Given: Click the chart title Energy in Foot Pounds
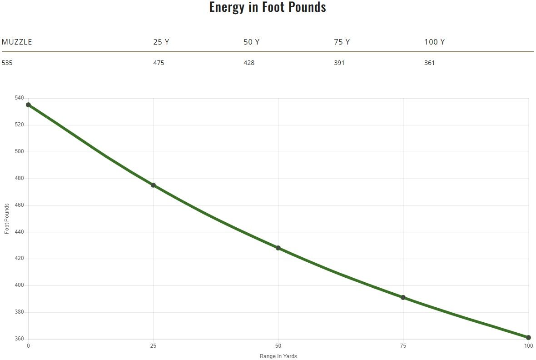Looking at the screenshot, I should [268, 7].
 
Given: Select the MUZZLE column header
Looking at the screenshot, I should [17, 42].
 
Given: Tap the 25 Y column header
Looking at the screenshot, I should [161, 42].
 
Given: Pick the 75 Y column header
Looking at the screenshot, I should [342, 42].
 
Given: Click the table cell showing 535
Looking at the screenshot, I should [7, 63].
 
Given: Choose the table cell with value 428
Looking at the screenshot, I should [249, 63].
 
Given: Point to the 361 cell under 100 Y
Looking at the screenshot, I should [429, 63].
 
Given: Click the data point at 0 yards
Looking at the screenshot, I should [28, 105].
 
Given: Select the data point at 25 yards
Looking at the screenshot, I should [153, 185].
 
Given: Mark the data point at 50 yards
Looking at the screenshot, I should [278, 248].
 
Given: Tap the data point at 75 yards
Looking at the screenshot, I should [403, 297].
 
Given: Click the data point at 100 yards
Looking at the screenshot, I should [528, 338].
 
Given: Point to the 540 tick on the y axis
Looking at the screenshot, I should [19, 98].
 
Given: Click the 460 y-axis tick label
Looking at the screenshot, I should [19, 205].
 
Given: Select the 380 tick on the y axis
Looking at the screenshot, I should [19, 312].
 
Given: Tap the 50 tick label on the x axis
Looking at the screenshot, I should [278, 346].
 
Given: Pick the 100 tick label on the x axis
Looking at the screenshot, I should [528, 346].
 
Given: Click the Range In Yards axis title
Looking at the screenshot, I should [278, 356].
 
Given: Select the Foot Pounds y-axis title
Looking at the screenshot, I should [7, 219].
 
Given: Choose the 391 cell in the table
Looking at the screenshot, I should [339, 63].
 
